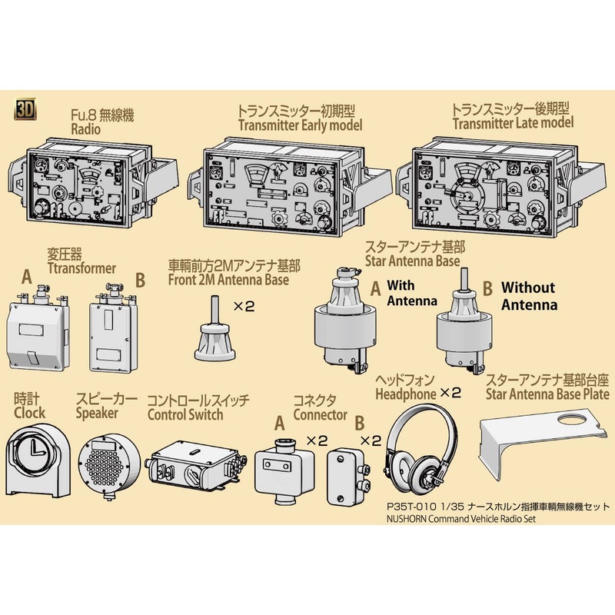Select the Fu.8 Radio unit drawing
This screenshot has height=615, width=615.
(x=81, y=184)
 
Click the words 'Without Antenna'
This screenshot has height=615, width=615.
(x=530, y=296)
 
